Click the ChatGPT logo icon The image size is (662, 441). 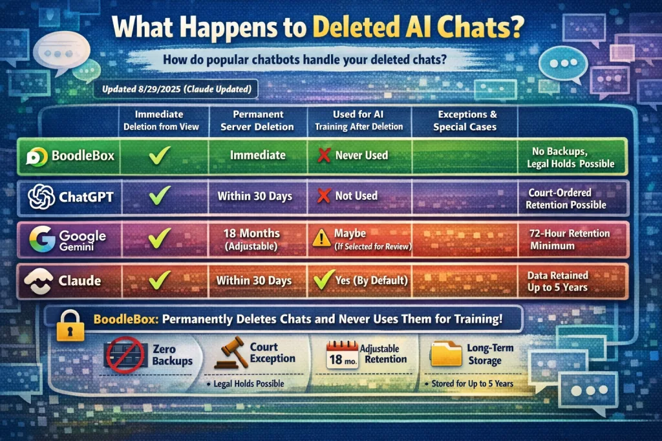click(x=41, y=197)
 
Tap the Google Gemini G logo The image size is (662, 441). click(x=42, y=239)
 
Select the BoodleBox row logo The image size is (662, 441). click(x=37, y=156)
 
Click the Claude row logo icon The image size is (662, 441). click(x=38, y=281)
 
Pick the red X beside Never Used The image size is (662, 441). click(x=324, y=155)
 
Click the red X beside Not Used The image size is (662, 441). click(x=324, y=195)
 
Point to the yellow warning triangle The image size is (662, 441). click(x=322, y=238)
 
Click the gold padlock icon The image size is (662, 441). click(x=70, y=325)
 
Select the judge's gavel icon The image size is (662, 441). click(x=231, y=352)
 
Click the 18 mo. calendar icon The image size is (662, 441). click(x=343, y=355)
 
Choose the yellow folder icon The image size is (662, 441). click(x=446, y=354)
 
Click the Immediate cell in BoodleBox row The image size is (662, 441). click(x=258, y=155)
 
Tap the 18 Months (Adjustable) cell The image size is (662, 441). click(x=251, y=239)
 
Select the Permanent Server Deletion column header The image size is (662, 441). click(x=257, y=120)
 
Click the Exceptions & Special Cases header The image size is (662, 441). click(x=465, y=120)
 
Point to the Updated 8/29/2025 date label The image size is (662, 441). click(x=177, y=89)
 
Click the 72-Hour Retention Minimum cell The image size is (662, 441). click(x=570, y=239)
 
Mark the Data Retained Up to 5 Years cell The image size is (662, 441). click(x=557, y=281)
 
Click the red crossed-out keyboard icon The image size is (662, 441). click(x=125, y=355)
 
